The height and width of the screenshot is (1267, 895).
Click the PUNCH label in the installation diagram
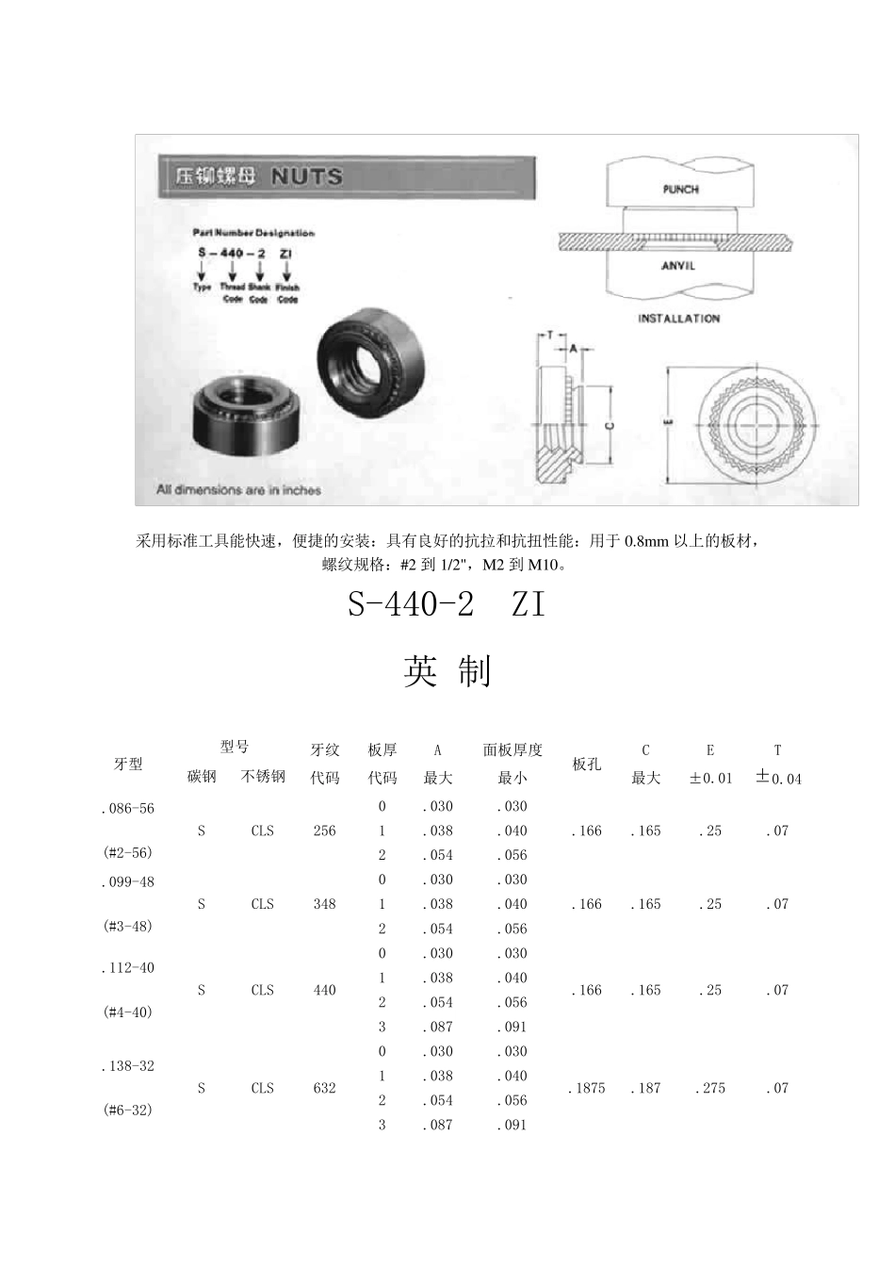[x=680, y=189]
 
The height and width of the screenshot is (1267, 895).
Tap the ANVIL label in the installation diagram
[x=678, y=266]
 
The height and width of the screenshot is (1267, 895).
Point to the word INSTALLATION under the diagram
[x=678, y=319]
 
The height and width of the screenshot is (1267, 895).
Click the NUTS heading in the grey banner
[x=307, y=176]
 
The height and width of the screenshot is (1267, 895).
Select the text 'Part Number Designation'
[x=253, y=233]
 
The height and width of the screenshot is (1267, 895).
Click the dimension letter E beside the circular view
[x=668, y=423]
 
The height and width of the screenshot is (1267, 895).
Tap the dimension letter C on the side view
[x=610, y=426]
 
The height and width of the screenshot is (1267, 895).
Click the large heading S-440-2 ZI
[x=447, y=604]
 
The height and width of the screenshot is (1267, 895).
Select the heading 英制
[x=447, y=671]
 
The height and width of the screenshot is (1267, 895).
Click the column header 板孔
[x=586, y=764]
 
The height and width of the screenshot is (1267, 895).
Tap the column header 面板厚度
[x=513, y=750]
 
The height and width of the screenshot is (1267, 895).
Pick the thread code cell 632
[x=324, y=1088]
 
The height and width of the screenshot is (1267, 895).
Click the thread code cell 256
[x=324, y=831]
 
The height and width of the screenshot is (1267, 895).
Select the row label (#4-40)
[x=127, y=1012]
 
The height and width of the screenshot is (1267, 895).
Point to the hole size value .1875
[x=586, y=1088]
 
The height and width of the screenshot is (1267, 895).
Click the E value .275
[x=710, y=1088]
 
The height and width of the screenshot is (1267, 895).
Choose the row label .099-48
[x=127, y=882]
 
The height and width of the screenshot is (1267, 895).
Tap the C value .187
[x=645, y=1088]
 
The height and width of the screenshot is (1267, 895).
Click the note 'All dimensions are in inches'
[x=238, y=490]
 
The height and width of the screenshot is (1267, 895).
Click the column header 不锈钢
[x=263, y=777]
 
